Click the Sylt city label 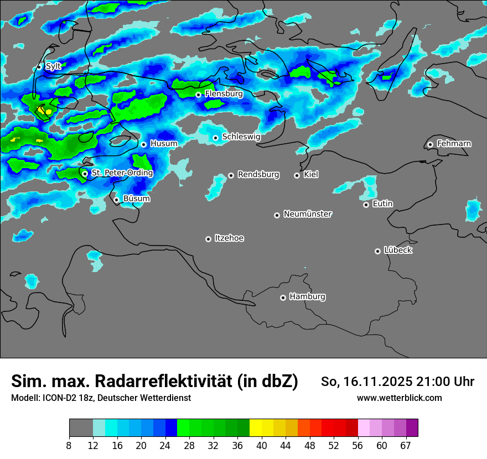click(x=54, y=66)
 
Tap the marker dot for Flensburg click(x=198, y=95)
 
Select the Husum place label click(x=164, y=144)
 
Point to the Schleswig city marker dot click(x=215, y=138)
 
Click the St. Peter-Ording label click(x=122, y=173)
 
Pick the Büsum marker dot click(x=116, y=200)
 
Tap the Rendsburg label click(x=258, y=175)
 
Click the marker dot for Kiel click(x=297, y=175)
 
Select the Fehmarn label click(x=454, y=144)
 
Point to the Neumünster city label click(x=308, y=214)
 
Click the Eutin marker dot click(x=366, y=205)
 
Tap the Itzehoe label click(x=229, y=238)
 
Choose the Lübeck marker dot click(x=377, y=251)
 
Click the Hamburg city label click(x=307, y=297)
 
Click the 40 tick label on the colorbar click(x=261, y=445)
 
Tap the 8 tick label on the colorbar click(x=69, y=445)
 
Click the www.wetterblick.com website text click(x=400, y=398)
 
